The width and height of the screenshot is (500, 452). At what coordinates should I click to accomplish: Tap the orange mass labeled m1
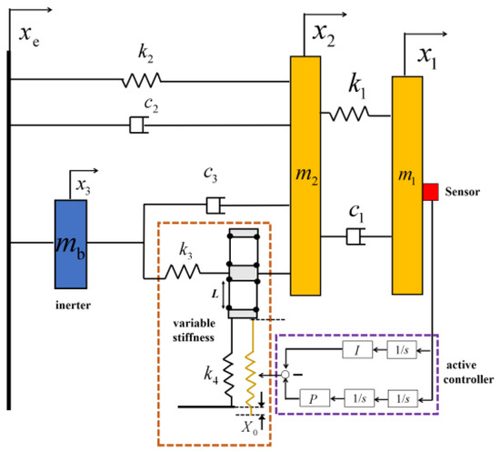pos(409,186)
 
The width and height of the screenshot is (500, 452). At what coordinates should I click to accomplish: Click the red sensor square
pos(430,192)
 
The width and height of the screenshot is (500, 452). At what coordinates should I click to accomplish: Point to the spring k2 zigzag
pos(141,81)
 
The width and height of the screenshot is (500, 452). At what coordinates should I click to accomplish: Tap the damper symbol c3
pos(214,206)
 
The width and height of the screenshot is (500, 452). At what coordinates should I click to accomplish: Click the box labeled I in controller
pos(356,350)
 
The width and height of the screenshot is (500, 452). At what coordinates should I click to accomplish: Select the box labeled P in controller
pos(313,397)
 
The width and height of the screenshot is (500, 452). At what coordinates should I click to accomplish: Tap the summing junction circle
pos(285,374)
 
